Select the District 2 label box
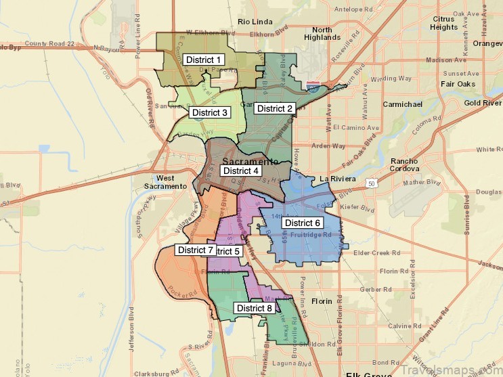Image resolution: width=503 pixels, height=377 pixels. coord(275,108)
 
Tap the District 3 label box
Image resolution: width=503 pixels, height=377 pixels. coord(209,112)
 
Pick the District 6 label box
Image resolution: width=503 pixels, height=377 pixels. coord(302,223)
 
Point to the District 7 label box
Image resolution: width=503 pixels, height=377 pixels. coord(196,250)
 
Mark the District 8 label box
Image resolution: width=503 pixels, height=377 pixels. coord(255,308)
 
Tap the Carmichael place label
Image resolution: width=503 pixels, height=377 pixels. coord(402,104)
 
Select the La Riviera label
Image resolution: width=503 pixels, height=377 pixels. coord(337,179)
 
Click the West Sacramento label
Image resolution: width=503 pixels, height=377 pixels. coord(165,181)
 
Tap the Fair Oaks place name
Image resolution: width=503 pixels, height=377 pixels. coord(457,84)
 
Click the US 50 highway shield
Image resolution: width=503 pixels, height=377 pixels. coord(372,183)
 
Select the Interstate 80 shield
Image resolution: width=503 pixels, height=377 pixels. coord(312,87)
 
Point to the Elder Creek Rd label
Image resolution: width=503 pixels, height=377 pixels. coord(373,253)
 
